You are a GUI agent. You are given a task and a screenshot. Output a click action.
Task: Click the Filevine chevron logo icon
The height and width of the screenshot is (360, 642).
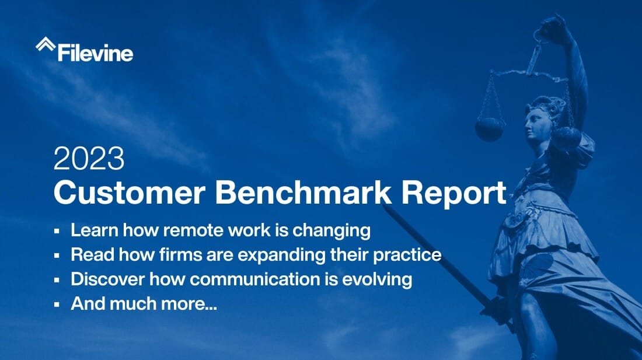(46, 44)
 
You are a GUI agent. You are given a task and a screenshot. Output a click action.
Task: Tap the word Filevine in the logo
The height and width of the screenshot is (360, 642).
(95, 53)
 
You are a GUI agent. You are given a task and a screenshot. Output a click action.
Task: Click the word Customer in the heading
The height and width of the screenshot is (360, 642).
(130, 193)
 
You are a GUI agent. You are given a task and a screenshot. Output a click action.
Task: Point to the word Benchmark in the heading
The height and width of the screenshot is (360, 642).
(303, 193)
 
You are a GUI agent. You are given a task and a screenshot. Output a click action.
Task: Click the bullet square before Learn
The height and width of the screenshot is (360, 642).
(57, 231)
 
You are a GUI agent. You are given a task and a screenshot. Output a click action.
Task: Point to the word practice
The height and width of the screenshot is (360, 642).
(407, 256)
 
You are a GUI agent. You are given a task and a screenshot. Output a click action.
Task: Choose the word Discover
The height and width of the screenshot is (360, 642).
(108, 279)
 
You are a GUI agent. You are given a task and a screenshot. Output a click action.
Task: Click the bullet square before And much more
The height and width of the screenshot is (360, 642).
(57, 305)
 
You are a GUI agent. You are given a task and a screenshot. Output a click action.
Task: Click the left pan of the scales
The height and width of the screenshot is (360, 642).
(489, 130)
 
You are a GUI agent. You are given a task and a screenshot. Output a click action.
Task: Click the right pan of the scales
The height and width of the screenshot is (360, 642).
(567, 138)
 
